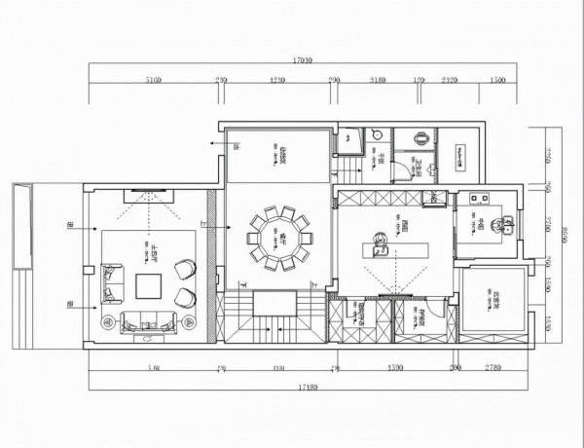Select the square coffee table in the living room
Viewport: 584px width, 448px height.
pyautogui.click(x=149, y=286)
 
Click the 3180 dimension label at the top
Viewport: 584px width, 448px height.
pyautogui.click(x=379, y=81)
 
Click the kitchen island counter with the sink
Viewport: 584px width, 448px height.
pyautogui.click(x=395, y=249)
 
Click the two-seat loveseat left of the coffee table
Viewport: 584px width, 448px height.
pyautogui.click(x=113, y=283)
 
